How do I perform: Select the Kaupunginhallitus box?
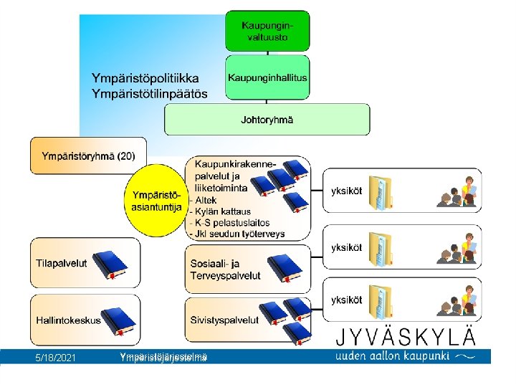click(x=267, y=77)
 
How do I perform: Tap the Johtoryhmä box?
click(x=267, y=119)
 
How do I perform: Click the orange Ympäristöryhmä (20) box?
click(x=88, y=156)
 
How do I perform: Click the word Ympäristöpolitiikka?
click(x=145, y=77)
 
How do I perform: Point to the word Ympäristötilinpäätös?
click(x=149, y=93)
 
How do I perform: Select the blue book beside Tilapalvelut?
click(x=109, y=265)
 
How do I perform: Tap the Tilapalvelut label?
click(x=61, y=263)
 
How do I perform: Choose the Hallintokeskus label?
click(x=68, y=320)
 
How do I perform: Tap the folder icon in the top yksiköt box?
click(x=384, y=193)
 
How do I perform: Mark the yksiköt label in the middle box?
click(x=346, y=248)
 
